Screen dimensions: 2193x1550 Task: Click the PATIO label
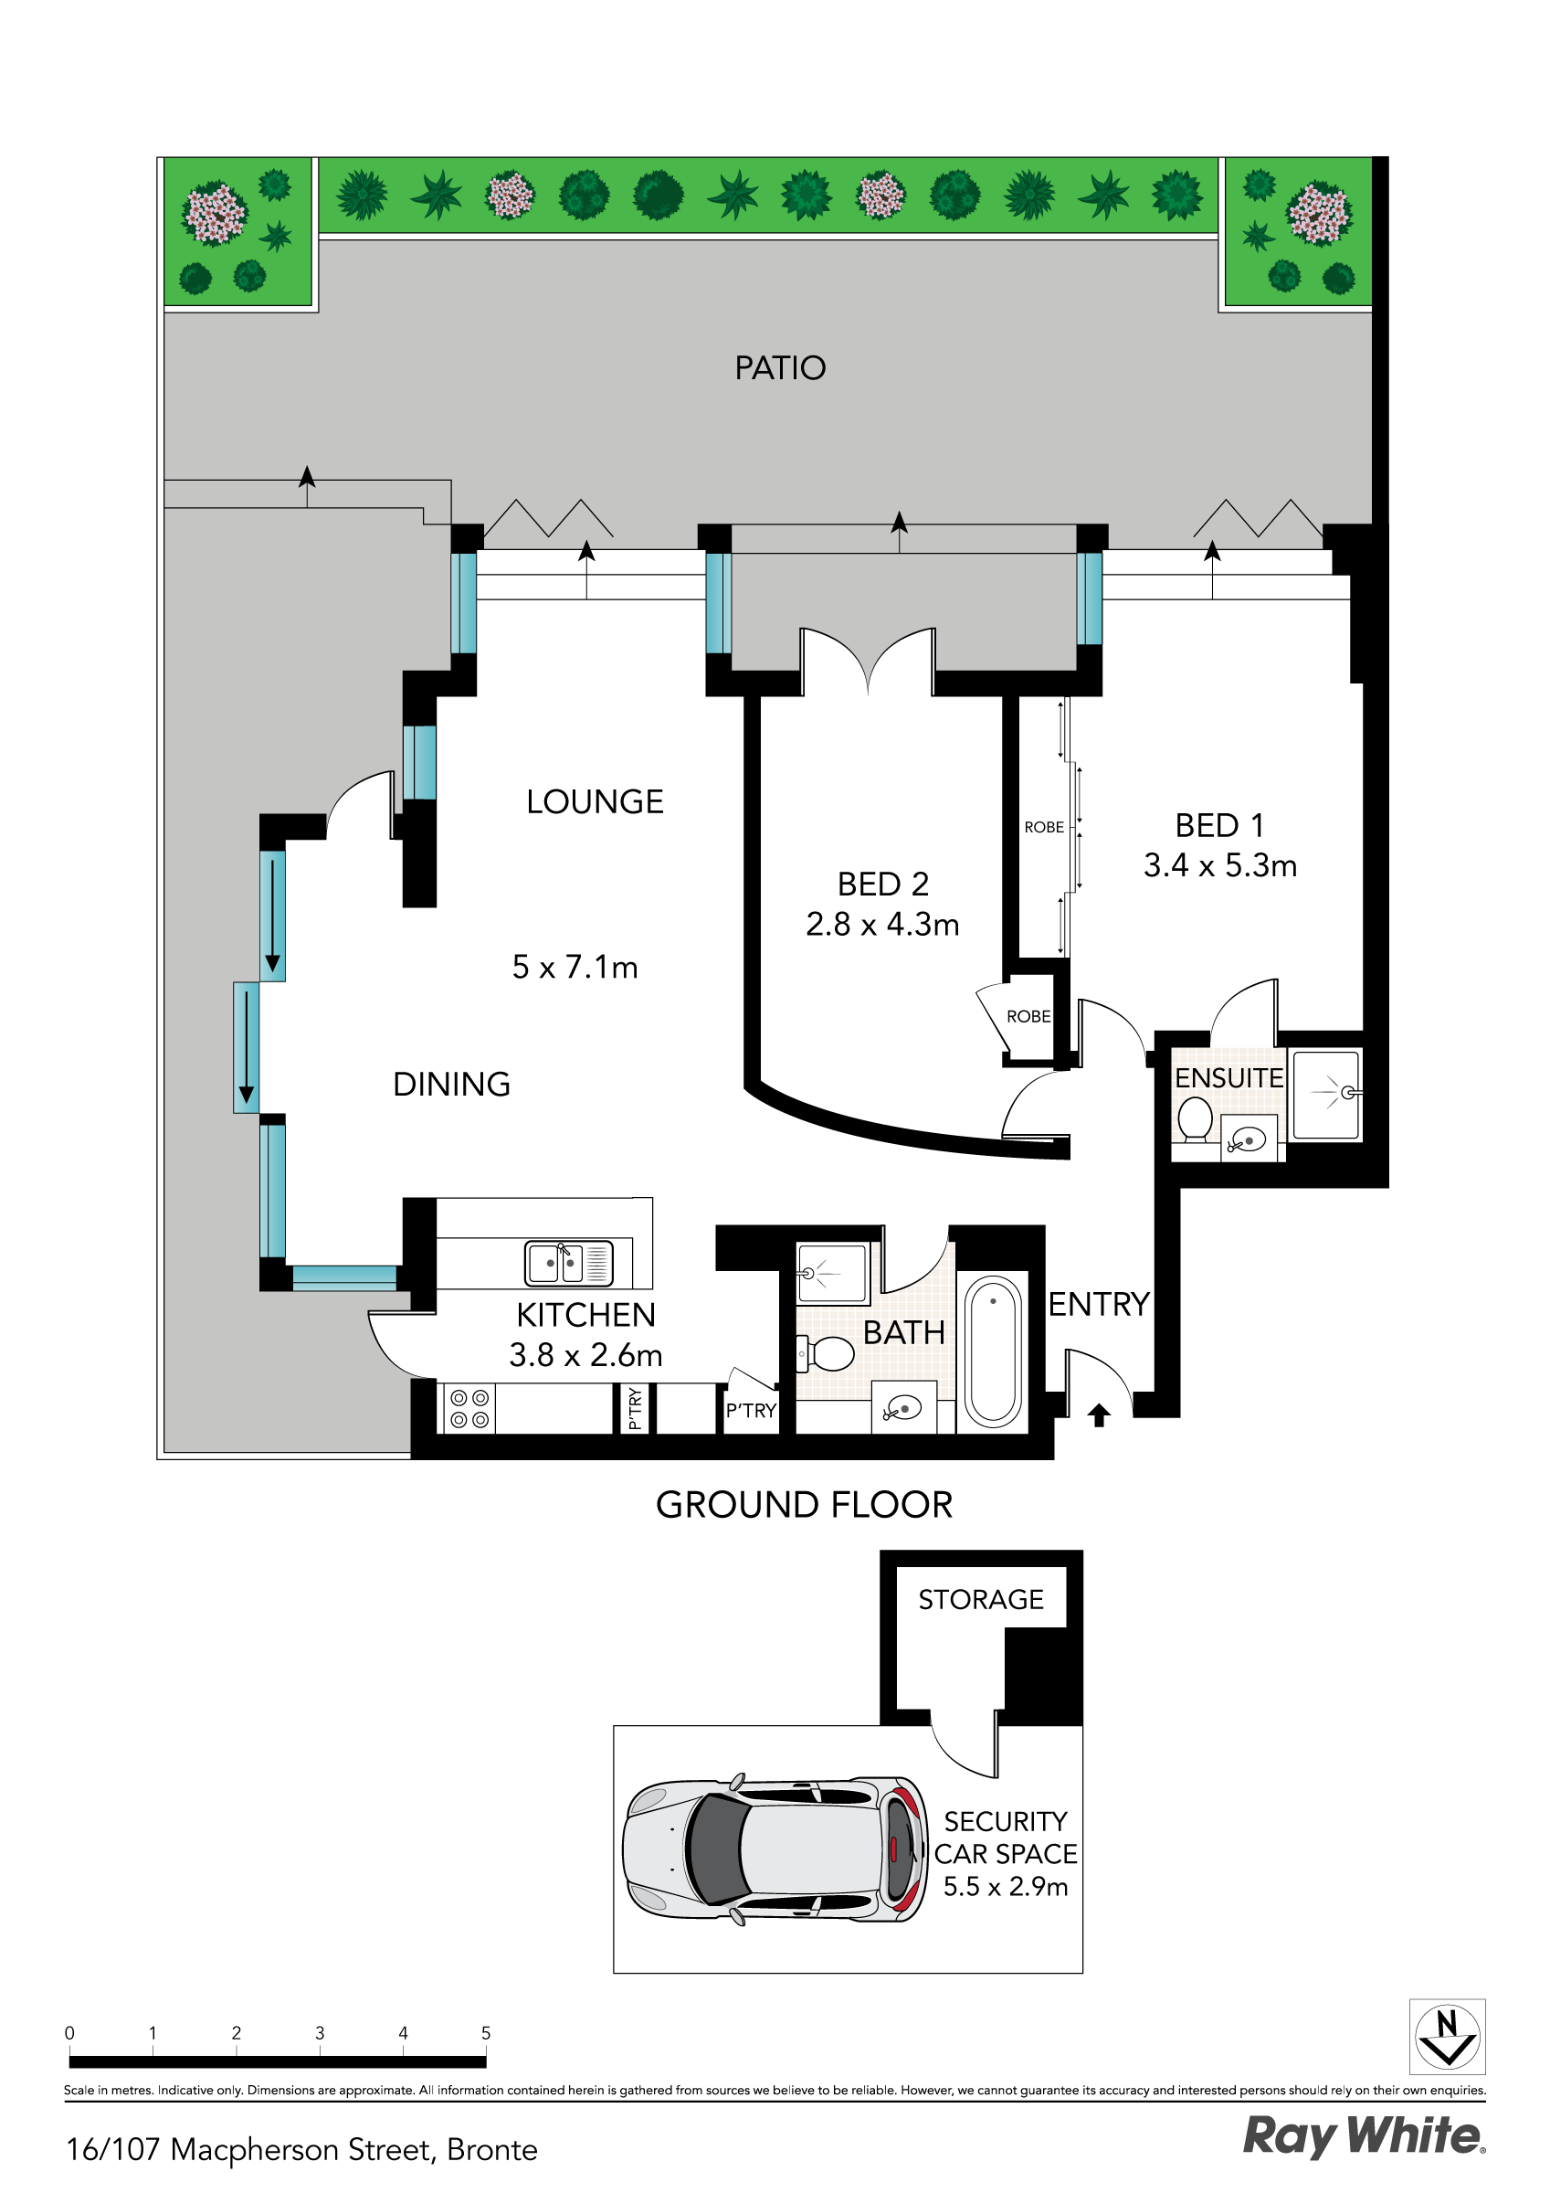(x=779, y=367)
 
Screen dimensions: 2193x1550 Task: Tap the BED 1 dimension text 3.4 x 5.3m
(x=1219, y=865)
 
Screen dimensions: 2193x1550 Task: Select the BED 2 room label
(x=882, y=885)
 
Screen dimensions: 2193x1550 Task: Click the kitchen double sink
(x=568, y=1264)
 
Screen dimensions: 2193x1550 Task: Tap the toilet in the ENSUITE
(x=1194, y=1118)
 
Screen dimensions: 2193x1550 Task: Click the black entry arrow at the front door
(x=1098, y=1414)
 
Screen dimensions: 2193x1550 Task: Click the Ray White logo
(x=1363, y=2136)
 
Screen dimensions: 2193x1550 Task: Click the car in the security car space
(x=774, y=1851)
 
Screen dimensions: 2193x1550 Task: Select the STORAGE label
(x=981, y=1600)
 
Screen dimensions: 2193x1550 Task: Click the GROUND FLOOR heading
(x=803, y=1505)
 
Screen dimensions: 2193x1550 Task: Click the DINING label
(x=451, y=1084)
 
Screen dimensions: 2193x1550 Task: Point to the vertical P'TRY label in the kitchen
(x=634, y=1410)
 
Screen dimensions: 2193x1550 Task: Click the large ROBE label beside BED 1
(x=1044, y=827)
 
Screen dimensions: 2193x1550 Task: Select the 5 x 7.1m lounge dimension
(x=574, y=968)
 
